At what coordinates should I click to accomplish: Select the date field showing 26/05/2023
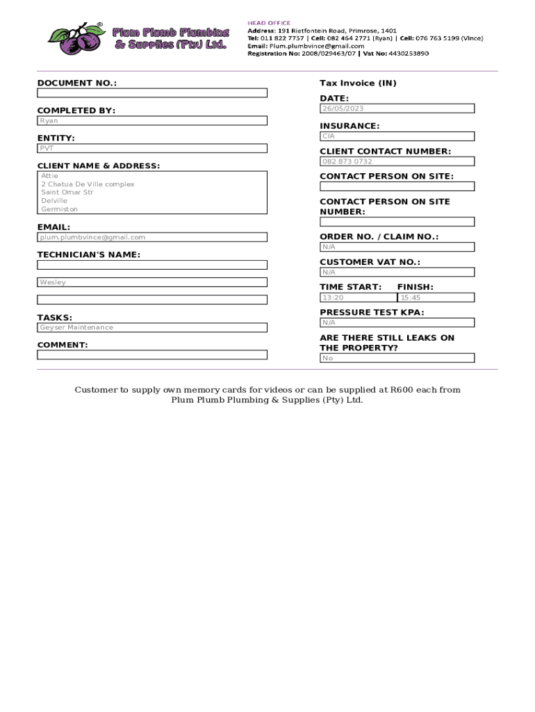(397, 108)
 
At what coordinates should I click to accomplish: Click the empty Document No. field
(151, 93)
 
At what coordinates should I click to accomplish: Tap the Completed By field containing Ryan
(151, 121)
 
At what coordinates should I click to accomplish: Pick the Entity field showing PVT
(151, 148)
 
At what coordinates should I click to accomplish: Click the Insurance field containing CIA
(397, 136)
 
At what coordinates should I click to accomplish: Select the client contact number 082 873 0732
(397, 161)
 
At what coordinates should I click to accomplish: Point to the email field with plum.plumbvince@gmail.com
(151, 237)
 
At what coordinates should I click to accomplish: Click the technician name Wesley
(151, 282)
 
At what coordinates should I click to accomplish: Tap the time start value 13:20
(357, 298)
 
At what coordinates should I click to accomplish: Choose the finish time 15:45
(436, 298)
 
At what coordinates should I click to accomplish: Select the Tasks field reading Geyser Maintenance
(151, 327)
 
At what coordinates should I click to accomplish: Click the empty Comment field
(151, 355)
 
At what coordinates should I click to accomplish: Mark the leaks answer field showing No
(397, 358)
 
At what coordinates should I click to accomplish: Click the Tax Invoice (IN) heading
(358, 83)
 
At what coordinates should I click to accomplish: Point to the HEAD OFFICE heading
(269, 23)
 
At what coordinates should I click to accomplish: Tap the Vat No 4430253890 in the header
(409, 54)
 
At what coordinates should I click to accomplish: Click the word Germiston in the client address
(60, 209)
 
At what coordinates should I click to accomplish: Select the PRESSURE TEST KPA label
(372, 312)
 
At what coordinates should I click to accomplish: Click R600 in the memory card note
(402, 389)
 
